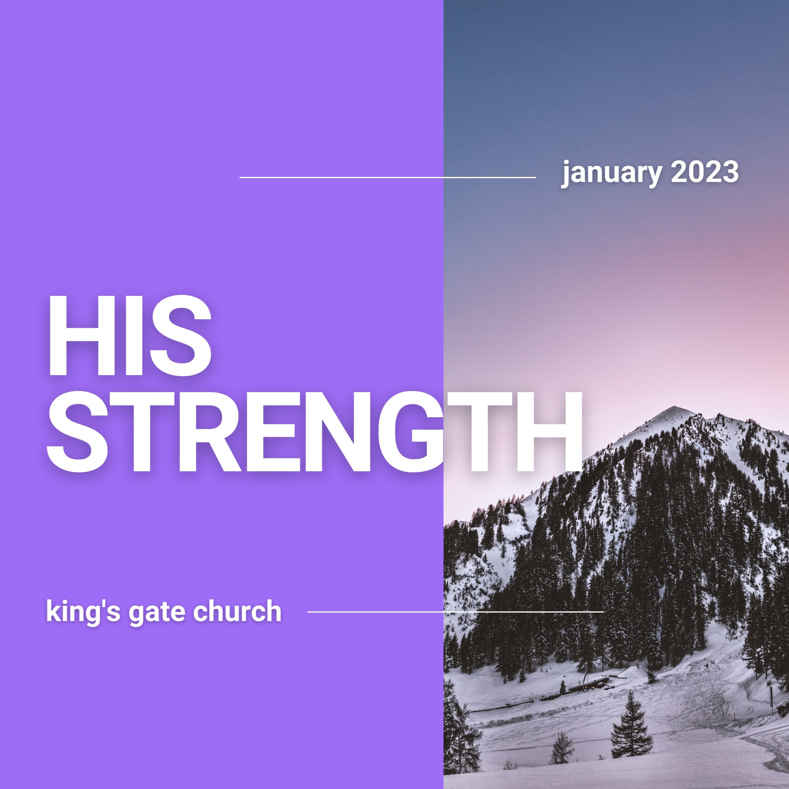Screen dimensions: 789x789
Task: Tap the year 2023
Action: pos(705,172)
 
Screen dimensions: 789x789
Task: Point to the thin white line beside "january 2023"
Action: pos(388,178)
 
